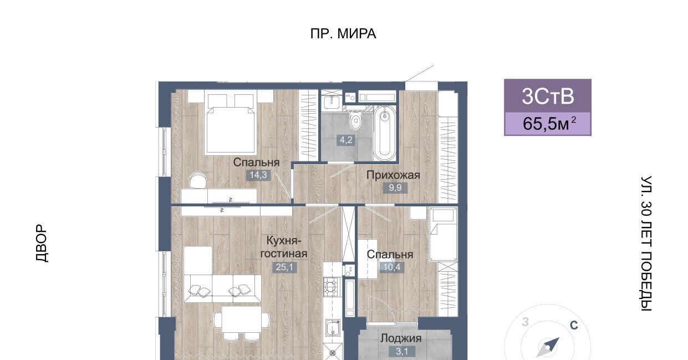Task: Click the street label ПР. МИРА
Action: click(x=343, y=33)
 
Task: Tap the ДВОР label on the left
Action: click(x=42, y=243)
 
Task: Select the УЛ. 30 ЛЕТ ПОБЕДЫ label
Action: click(x=646, y=243)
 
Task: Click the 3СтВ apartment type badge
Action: click(x=548, y=96)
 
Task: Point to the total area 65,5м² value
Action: click(x=549, y=124)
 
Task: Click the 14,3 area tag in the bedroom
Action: click(x=258, y=175)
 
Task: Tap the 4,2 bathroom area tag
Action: click(x=346, y=140)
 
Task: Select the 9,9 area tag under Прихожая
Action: click(x=395, y=187)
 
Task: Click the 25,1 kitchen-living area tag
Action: click(x=284, y=267)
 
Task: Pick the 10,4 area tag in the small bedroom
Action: click(x=392, y=267)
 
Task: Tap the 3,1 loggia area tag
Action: click(x=402, y=351)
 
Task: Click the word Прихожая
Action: click(x=393, y=175)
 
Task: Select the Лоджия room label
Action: click(x=401, y=338)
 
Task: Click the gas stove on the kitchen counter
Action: click(x=332, y=287)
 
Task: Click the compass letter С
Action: click(x=574, y=325)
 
